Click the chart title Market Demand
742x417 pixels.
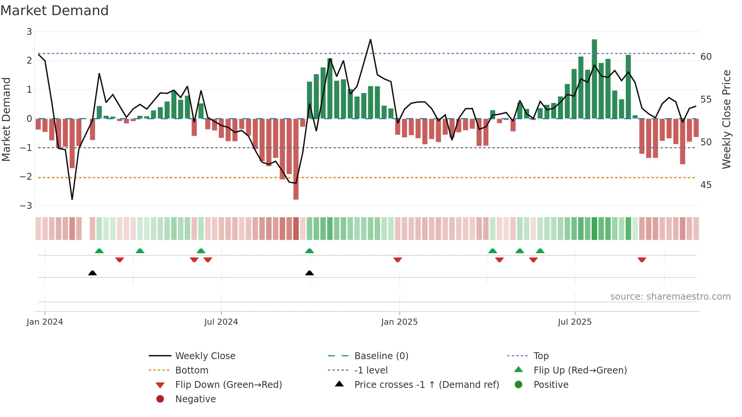click(55, 11)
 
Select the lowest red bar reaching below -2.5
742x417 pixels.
click(296, 159)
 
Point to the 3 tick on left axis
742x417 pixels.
click(29, 32)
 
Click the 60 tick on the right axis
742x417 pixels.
click(706, 57)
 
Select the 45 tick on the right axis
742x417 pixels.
click(706, 185)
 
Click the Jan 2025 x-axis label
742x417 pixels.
click(399, 322)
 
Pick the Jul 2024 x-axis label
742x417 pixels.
click(221, 322)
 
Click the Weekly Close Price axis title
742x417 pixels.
click(726, 119)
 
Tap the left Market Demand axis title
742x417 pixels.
click(6, 119)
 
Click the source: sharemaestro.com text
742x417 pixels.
click(670, 297)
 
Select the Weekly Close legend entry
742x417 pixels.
click(205, 356)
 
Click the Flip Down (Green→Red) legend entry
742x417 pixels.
click(228, 385)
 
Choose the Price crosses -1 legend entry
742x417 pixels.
click(426, 385)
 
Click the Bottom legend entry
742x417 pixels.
click(192, 370)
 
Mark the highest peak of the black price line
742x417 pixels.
click(370, 40)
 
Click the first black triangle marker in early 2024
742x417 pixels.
click(92, 273)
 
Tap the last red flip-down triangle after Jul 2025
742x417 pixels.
click(642, 260)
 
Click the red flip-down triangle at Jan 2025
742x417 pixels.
click(397, 260)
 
